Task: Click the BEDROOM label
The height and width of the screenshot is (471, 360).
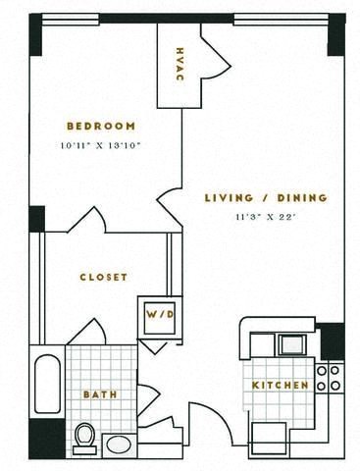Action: click(x=100, y=126)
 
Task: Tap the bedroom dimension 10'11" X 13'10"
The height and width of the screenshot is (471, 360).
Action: click(x=100, y=146)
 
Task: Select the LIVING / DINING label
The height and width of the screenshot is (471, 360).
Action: click(x=260, y=198)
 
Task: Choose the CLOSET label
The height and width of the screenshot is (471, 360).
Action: click(x=103, y=278)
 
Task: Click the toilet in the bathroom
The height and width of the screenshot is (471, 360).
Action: click(x=84, y=437)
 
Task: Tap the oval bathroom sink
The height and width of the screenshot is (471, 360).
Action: click(x=118, y=444)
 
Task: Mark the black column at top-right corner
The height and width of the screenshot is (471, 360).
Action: click(x=336, y=35)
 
